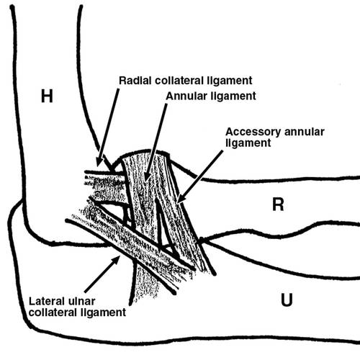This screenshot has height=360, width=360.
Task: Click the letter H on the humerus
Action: (x=47, y=96)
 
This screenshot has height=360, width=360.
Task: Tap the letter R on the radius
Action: (x=278, y=204)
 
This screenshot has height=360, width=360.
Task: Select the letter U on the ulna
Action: (x=287, y=300)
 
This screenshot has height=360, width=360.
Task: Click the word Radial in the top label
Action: (x=135, y=81)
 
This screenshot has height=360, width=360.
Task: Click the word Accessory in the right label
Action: (x=253, y=132)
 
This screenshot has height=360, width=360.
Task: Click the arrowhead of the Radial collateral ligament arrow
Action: (x=99, y=161)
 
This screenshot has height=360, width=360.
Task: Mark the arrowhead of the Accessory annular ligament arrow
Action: (x=181, y=198)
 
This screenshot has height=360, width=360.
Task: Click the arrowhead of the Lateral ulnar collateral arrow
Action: (x=116, y=260)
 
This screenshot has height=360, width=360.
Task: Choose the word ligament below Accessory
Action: (x=248, y=143)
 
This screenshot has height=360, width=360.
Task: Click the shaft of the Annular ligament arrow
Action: (x=157, y=137)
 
